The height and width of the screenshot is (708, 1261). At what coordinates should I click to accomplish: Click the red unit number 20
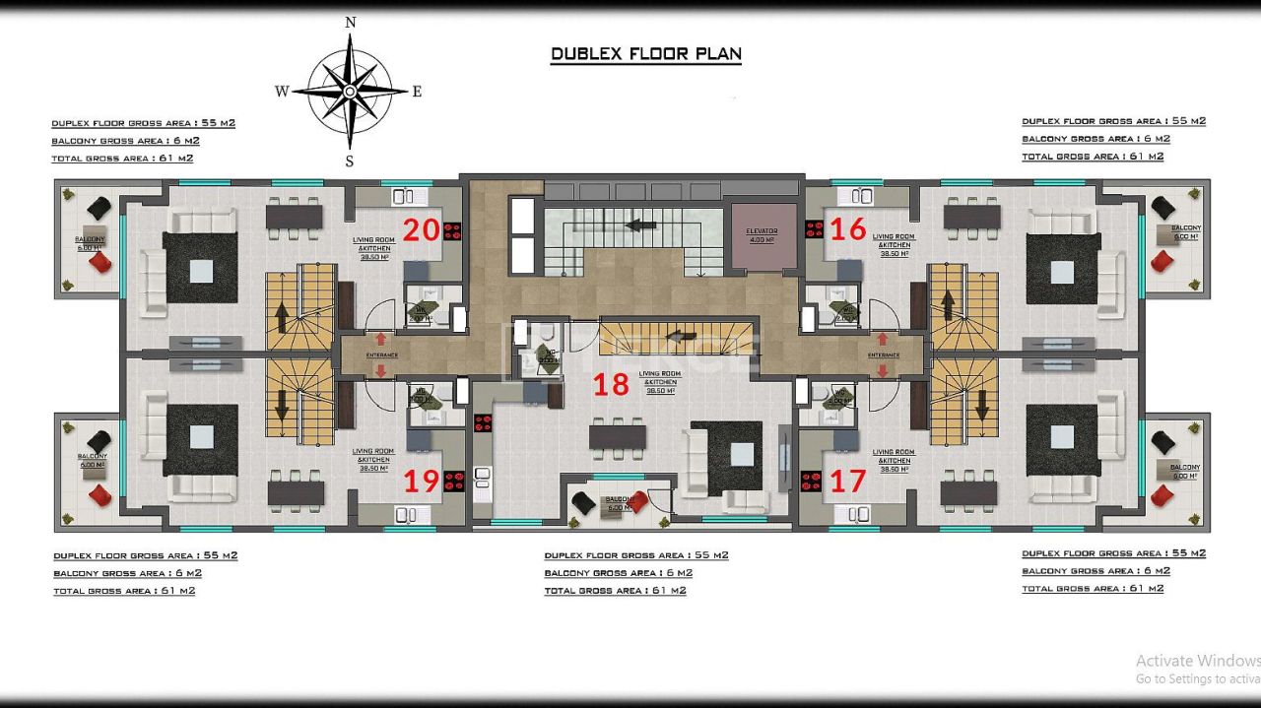421,229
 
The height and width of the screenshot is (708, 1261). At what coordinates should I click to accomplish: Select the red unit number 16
847,229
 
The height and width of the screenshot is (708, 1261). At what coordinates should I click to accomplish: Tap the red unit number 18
610,384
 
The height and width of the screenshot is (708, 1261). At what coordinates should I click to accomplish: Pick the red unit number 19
422,482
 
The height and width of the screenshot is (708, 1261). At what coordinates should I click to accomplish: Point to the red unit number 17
847,482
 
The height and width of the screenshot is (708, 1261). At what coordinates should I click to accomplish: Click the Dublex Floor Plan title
645,54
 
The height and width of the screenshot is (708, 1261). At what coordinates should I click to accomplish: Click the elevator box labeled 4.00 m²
762,236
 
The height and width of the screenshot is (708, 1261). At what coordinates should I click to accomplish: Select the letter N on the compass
350,23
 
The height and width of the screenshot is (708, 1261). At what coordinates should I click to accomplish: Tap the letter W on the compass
282,92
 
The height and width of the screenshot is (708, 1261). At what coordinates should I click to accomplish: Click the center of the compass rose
350,91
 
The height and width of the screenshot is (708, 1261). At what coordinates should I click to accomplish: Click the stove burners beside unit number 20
453,231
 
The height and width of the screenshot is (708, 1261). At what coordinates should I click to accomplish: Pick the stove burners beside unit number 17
812,482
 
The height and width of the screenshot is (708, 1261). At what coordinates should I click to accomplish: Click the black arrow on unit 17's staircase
981,403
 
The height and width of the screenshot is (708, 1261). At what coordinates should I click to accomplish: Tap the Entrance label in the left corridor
381,354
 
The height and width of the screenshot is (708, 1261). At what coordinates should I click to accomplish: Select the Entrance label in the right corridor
883,354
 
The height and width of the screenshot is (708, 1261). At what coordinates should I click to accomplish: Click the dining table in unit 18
618,435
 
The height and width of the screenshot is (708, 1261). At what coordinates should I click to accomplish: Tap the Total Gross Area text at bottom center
615,591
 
